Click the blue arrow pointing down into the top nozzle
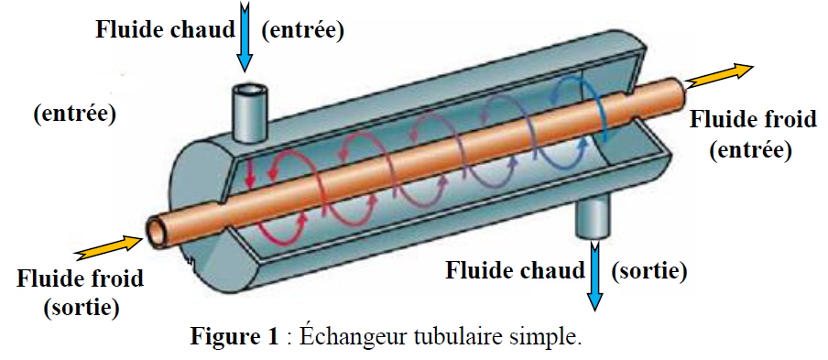tap(245, 37)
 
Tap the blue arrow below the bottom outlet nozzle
tap(595, 276)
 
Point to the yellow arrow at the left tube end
tap(109, 247)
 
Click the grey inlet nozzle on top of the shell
tap(250, 113)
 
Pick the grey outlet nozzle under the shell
tap(594, 219)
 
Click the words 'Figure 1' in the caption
tap(234, 336)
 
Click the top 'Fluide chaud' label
tap(165, 29)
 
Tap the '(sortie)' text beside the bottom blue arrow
tap(648, 271)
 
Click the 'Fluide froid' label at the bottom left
tap(81, 278)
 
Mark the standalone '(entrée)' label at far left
tap(74, 114)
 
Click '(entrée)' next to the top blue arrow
tap(302, 30)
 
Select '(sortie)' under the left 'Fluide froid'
tap(82, 308)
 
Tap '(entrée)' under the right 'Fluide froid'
tap(751, 150)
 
